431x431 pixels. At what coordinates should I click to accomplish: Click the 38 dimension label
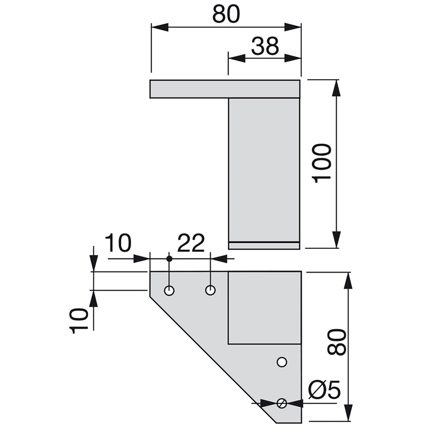point(265,47)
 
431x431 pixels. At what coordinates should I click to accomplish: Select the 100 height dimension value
point(322,163)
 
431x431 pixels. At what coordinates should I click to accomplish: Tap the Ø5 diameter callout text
point(325,390)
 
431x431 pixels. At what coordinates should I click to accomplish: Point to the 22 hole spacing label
point(191,244)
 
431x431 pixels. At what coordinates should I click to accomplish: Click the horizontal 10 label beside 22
point(117,244)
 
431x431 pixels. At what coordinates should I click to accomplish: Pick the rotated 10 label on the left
point(79,321)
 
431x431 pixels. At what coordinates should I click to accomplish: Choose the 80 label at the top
point(226,15)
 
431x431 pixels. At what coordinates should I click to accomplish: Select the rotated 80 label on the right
point(337,342)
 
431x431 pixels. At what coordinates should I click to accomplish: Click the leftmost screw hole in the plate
point(169,291)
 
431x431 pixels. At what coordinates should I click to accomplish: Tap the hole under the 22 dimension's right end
point(211,290)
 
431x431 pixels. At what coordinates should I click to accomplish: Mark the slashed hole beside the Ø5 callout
point(281,403)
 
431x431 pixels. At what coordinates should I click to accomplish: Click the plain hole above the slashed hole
point(281,362)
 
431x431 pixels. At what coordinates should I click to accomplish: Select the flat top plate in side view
point(224,89)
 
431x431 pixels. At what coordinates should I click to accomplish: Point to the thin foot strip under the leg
point(264,246)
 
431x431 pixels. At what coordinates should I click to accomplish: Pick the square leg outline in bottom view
point(264,308)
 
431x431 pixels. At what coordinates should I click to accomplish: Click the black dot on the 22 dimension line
point(169,259)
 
